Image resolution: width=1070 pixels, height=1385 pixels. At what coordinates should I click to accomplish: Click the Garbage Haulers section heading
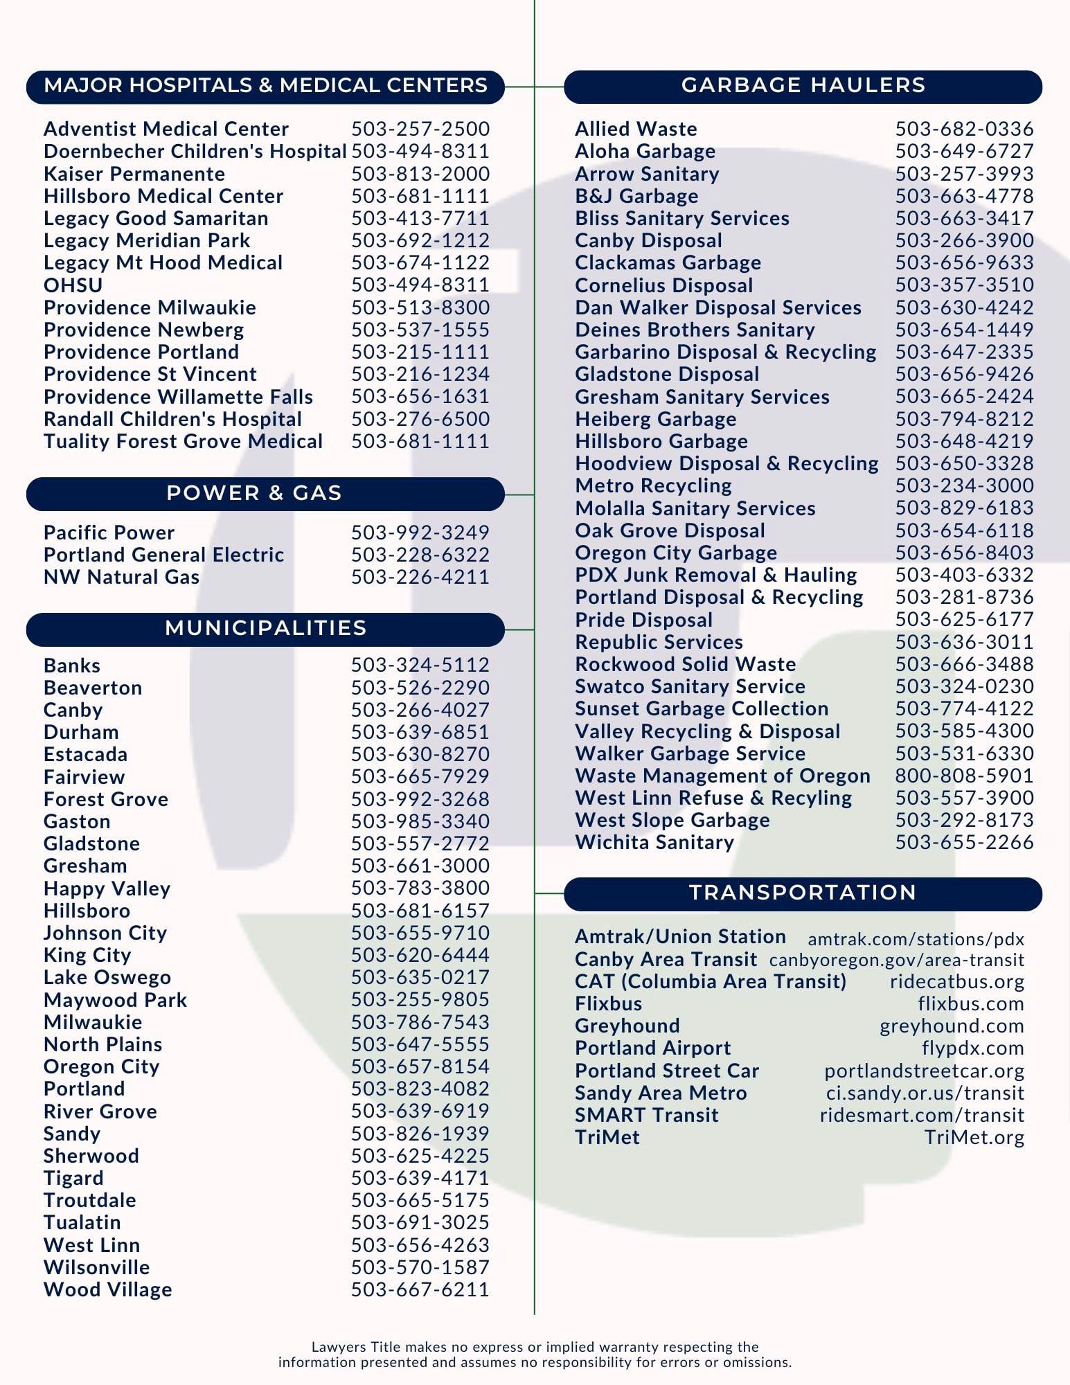(x=803, y=86)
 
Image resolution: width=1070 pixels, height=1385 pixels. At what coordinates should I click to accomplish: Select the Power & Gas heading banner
(x=265, y=494)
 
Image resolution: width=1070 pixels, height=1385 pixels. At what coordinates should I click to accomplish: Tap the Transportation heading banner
(x=803, y=893)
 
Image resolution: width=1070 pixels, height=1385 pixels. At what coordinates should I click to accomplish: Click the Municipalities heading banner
(x=265, y=629)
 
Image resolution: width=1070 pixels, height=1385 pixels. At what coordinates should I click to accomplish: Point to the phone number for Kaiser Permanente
(x=420, y=174)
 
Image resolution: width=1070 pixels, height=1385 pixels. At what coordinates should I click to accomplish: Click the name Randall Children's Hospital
(x=172, y=420)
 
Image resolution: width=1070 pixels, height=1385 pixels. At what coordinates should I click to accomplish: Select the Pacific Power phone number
(x=420, y=533)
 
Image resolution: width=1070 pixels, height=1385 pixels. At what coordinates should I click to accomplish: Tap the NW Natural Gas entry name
(x=121, y=578)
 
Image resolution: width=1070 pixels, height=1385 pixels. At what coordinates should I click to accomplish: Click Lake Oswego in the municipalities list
(x=107, y=978)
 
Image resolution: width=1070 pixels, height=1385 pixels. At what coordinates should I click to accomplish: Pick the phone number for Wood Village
(x=420, y=1290)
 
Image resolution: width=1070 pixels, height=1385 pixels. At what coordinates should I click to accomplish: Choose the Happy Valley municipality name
(x=107, y=889)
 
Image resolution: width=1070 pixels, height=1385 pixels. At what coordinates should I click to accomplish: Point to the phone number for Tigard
(x=420, y=1179)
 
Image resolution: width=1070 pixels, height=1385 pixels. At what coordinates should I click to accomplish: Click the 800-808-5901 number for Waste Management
(x=964, y=776)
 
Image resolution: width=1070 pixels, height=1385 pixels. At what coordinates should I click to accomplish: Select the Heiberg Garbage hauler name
(x=655, y=420)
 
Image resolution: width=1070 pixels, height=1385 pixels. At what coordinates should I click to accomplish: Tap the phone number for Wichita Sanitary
(x=964, y=843)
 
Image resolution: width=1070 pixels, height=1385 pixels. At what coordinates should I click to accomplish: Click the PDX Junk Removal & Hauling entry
(x=715, y=575)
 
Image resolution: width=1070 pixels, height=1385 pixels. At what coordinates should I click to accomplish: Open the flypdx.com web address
(x=972, y=1049)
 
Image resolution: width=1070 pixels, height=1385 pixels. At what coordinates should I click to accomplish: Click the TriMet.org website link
(x=974, y=1138)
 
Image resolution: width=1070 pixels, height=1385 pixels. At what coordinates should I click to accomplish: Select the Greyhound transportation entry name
(x=627, y=1026)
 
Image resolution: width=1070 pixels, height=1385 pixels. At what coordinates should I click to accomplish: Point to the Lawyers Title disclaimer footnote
(x=535, y=1355)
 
